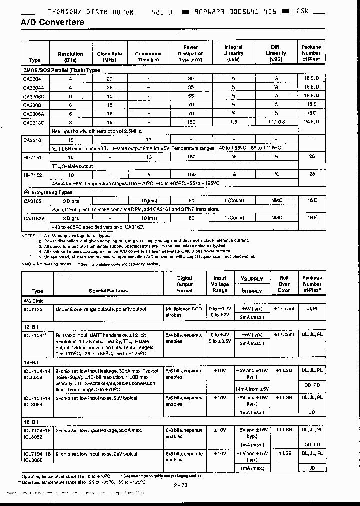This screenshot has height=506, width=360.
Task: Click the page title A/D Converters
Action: pyautogui.click(x=52, y=23)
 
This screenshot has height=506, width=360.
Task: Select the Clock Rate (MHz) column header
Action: pyautogui.click(x=109, y=57)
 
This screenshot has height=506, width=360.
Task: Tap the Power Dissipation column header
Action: pyautogui.click(x=190, y=53)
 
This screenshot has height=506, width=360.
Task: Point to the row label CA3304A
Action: pyautogui.click(x=34, y=87)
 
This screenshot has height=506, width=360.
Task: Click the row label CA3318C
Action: pyautogui.click(x=34, y=122)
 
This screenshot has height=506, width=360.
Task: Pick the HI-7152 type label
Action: pyautogui.click(x=32, y=175)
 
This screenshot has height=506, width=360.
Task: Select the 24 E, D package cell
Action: pyautogui.click(x=311, y=122)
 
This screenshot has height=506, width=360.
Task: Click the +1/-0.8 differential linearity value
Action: pyautogui.click(x=275, y=122)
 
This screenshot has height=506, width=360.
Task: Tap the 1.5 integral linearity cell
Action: pyautogui.click(x=233, y=122)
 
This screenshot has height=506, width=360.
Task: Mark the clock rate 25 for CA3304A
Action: pyautogui.click(x=109, y=87)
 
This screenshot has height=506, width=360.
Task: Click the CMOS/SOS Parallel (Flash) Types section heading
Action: pyautogui.click(x=62, y=70)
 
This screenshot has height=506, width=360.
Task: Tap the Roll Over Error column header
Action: pyautogui.click(x=284, y=284)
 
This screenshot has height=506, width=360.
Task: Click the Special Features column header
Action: pyautogui.click(x=108, y=290)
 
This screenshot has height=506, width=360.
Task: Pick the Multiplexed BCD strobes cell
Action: pyautogui.click(x=184, y=312)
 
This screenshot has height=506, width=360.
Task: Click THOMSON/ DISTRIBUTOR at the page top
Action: pyautogui.click(x=91, y=12)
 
